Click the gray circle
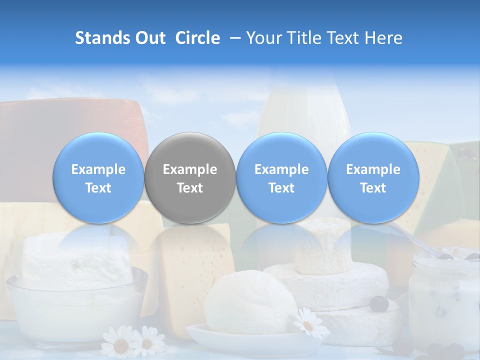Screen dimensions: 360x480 pyautogui.click(x=190, y=178)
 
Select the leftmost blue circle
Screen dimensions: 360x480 pyautogui.click(x=98, y=178)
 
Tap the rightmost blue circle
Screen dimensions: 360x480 pyautogui.click(x=373, y=178)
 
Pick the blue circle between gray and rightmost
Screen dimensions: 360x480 pyautogui.click(x=281, y=178)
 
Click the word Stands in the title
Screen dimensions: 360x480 pyautogui.click(x=102, y=38)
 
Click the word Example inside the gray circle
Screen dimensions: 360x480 pyautogui.click(x=190, y=169)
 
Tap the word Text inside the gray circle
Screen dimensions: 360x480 pyautogui.click(x=190, y=188)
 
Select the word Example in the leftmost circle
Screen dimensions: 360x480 pyautogui.click(x=98, y=169)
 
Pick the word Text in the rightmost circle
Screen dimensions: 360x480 pyautogui.click(x=373, y=188)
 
